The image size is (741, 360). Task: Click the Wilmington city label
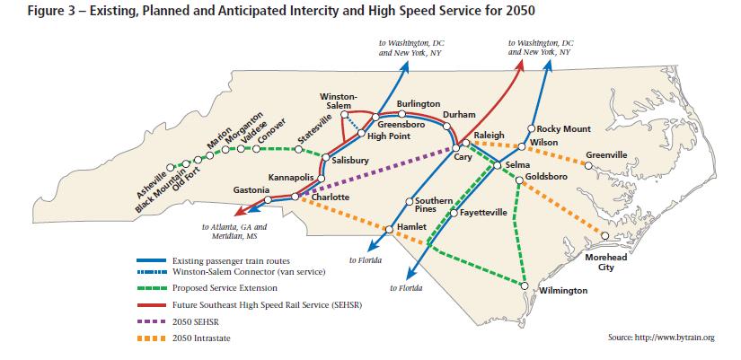pos(563,291)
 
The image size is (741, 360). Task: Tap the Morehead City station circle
pos(604,236)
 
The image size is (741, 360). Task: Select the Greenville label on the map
pos(606,154)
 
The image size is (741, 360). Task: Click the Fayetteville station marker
pos(454,214)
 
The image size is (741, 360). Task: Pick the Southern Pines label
pos(432,204)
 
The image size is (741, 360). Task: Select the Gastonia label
pos(251,190)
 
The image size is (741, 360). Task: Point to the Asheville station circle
pos(183,163)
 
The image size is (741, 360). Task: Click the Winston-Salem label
pos(339,101)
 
